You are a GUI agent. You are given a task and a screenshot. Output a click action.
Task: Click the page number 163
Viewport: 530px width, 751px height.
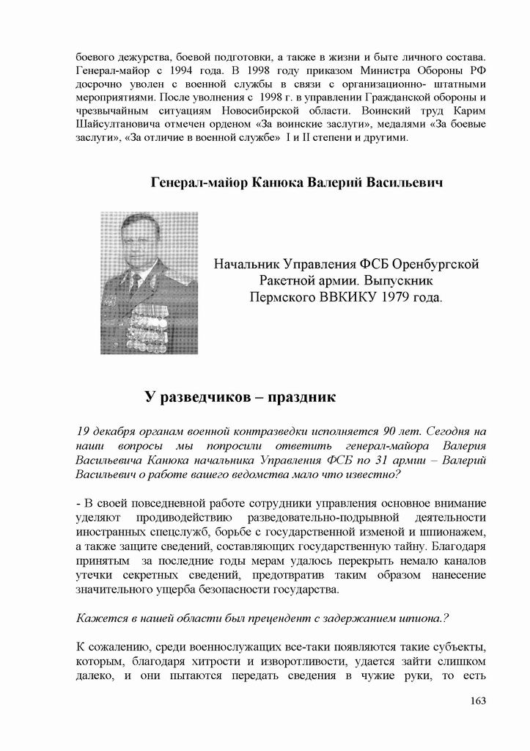(477, 701)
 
